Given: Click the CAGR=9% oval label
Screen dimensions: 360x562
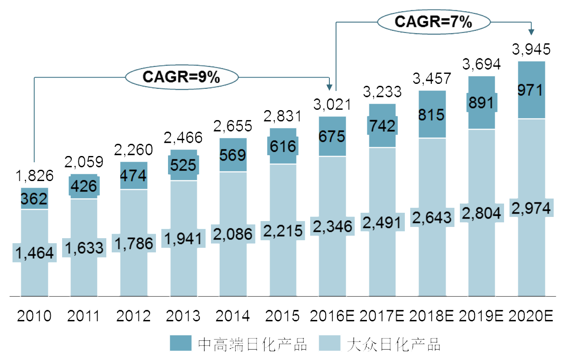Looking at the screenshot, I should pyautogui.click(x=181, y=77).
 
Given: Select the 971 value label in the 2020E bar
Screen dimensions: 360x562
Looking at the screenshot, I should pyautogui.click(x=531, y=90).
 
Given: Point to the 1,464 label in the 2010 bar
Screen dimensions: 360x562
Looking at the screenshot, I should pyautogui.click(x=34, y=253).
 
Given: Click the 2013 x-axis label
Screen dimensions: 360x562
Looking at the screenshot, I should pyautogui.click(x=183, y=316).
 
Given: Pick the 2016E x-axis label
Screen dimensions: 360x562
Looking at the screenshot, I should pyautogui.click(x=332, y=316).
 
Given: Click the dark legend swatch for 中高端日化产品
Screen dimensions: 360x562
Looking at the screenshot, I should pyautogui.click(x=181, y=344).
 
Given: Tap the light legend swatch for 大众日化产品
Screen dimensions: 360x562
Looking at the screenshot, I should pyautogui.click(x=329, y=344).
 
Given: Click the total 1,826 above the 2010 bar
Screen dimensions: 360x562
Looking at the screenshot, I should pyautogui.click(x=34, y=176).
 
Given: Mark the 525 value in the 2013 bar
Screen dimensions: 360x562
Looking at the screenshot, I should pyautogui.click(x=183, y=165).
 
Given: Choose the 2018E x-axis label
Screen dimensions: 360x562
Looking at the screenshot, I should pyautogui.click(x=431, y=316).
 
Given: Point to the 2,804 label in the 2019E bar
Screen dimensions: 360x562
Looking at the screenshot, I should pyautogui.click(x=481, y=213).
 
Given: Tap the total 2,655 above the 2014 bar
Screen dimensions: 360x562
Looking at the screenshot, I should pyautogui.click(x=233, y=126).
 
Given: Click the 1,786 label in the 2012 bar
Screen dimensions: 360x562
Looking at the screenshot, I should pyautogui.click(x=133, y=243).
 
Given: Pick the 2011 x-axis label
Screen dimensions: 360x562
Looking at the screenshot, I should pyautogui.click(x=84, y=316).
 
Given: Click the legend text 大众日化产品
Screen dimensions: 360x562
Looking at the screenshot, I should pyautogui.click(x=394, y=345).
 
